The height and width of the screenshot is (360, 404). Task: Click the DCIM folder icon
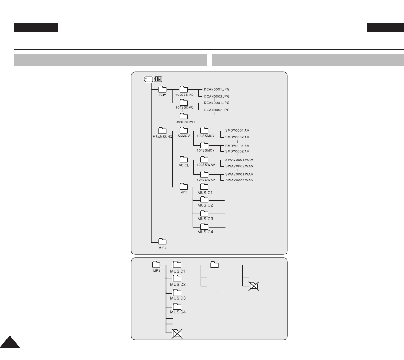[162, 89]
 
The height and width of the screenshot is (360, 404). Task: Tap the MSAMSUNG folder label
[162, 136]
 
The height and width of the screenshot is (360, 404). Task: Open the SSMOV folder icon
[183, 130]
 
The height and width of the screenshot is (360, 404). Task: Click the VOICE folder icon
[183, 159]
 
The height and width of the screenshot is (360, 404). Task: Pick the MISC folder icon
[162, 241]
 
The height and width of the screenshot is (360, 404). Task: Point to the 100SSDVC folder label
[183, 95]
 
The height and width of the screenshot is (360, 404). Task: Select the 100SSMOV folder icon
[204, 130]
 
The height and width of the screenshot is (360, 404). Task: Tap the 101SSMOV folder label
[204, 150]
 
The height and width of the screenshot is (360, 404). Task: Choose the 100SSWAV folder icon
[204, 159]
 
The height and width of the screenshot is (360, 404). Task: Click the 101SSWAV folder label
[204, 180]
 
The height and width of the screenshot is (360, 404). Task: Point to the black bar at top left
[36, 28]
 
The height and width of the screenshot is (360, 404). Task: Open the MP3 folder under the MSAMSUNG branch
[183, 187]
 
